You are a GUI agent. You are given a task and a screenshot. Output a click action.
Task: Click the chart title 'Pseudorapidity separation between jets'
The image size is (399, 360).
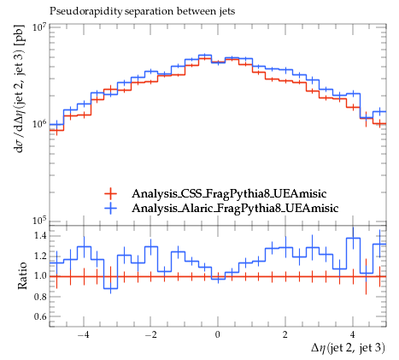tap(143, 11)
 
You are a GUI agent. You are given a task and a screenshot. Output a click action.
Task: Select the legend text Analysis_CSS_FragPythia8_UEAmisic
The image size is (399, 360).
tap(229, 193)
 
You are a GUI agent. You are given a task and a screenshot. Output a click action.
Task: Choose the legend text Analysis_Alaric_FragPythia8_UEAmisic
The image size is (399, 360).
tap(235, 208)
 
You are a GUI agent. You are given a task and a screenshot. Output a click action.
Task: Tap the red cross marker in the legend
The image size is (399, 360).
tap(110, 193)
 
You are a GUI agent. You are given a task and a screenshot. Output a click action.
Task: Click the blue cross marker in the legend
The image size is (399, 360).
tap(110, 208)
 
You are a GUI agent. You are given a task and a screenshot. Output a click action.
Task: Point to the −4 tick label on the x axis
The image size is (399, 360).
tap(84, 334)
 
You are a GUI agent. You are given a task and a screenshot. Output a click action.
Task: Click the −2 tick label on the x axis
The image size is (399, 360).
tap(151, 334)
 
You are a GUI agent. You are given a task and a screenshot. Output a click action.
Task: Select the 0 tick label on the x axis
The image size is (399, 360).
tap(218, 334)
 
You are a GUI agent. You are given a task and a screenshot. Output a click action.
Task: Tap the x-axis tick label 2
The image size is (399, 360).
tap(285, 334)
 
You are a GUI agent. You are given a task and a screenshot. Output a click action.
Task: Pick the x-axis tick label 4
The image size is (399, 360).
tap(353, 334)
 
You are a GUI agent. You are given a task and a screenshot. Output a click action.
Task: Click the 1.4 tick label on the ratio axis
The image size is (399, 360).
tap(39, 236)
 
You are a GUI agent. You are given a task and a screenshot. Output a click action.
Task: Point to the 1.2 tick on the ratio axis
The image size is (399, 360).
tap(39, 256)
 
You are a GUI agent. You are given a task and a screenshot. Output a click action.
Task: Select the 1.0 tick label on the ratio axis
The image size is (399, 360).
tap(39, 276)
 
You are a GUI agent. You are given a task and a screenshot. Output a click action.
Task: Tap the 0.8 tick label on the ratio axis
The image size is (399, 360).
tap(39, 297)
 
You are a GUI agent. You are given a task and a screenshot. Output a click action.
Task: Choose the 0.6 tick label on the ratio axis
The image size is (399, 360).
tap(39, 316)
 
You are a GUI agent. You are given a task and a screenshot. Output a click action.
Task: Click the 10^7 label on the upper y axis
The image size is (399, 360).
tap(39, 27)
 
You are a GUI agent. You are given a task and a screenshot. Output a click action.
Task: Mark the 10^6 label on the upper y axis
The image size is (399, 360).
tap(39, 124)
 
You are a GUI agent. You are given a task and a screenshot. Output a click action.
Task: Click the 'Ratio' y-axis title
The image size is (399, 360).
tap(22, 276)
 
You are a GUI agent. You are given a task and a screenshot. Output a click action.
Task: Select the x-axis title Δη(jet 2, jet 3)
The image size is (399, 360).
tap(348, 348)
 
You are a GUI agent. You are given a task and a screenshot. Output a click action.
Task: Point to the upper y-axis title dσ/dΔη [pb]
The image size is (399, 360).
tap(21, 88)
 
